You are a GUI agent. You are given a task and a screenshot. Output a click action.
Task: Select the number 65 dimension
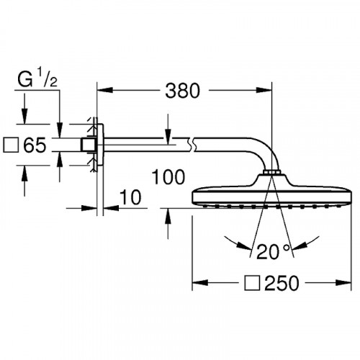coord(35,145)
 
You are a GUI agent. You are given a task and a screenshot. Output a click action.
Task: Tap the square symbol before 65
coord(12,145)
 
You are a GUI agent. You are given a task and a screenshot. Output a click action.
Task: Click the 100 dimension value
coord(168,176)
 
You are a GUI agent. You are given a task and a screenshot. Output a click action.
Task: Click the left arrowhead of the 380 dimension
coord(102,91)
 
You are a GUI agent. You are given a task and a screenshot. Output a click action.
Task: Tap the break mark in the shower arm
coord(192,145)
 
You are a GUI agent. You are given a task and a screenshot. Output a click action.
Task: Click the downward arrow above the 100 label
coord(168,136)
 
